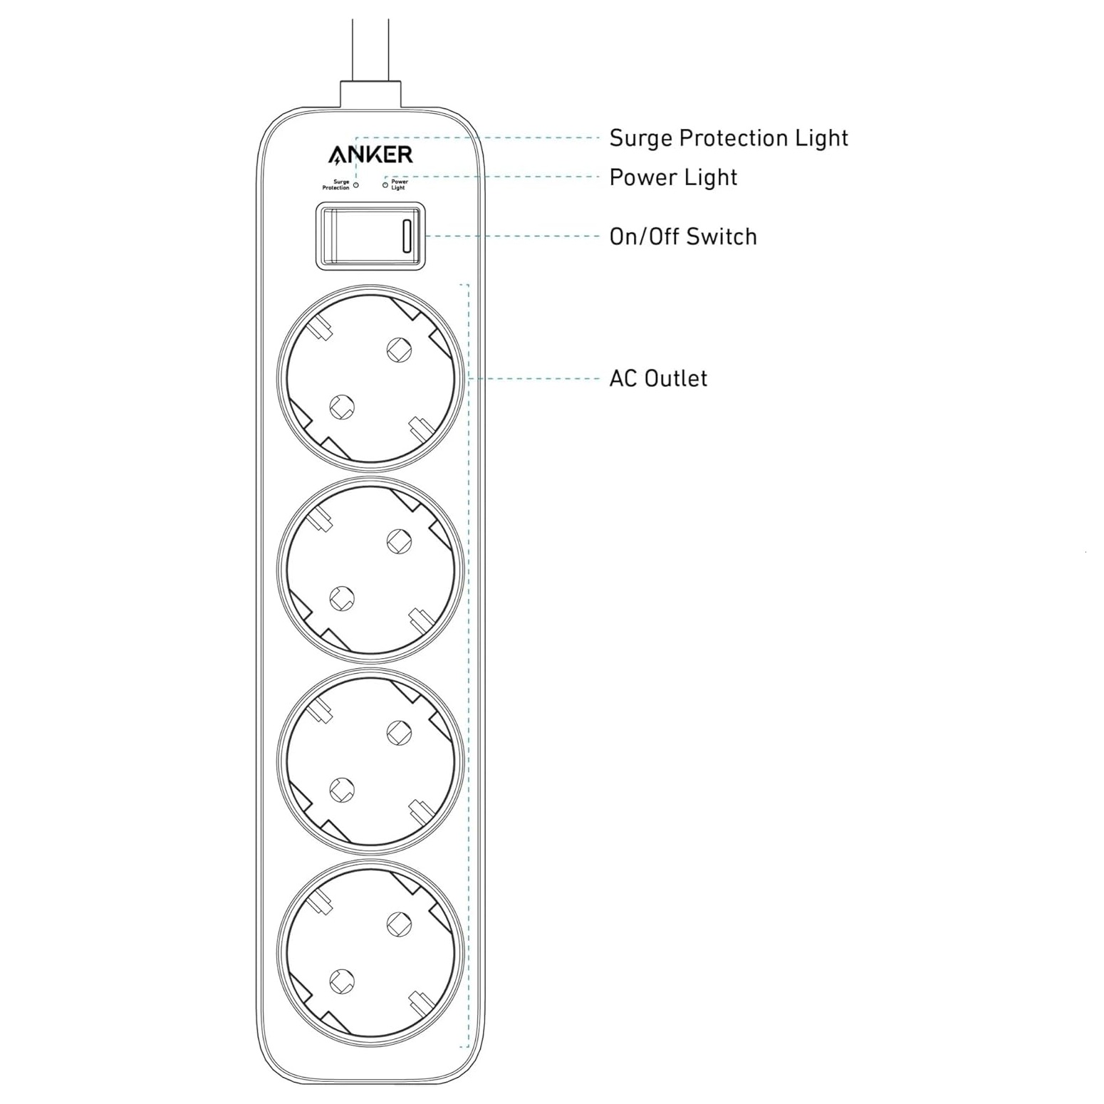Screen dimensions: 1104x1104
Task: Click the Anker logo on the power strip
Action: (370, 155)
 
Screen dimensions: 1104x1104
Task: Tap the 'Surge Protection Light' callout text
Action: (728, 138)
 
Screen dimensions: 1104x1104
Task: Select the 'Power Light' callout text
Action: (672, 177)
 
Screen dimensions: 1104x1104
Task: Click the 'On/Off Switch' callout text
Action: (682, 236)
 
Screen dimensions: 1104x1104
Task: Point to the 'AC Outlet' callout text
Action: (657, 378)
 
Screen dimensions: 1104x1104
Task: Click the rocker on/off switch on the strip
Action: (370, 236)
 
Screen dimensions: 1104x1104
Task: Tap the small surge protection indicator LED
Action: (356, 185)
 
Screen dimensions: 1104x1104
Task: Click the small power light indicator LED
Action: (385, 185)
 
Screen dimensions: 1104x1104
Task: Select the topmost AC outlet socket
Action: (370, 378)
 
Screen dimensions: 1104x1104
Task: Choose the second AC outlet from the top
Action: (370, 571)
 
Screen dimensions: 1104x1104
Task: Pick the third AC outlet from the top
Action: (370, 761)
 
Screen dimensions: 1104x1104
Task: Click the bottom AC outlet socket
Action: (370, 953)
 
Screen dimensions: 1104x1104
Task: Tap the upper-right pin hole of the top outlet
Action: (399, 349)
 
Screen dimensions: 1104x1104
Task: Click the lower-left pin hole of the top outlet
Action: (342, 407)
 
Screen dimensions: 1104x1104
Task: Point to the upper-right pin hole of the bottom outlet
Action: (399, 924)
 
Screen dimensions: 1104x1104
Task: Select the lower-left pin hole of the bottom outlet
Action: (342, 981)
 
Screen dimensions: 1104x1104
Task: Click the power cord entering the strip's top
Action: (370, 50)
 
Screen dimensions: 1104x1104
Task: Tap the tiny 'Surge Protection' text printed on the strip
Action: (336, 185)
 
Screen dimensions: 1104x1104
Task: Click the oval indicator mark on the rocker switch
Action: (407, 236)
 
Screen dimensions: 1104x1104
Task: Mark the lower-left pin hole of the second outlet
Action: (342, 598)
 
